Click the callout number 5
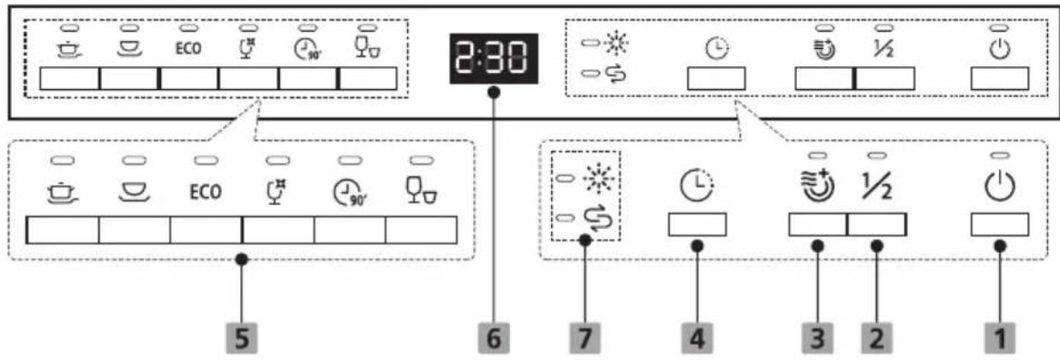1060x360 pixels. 242,339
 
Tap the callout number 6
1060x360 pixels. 494,339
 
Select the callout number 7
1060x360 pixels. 585,339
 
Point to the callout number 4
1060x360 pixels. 697,339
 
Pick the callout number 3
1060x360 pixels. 817,339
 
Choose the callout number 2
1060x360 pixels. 877,339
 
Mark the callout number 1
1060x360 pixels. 1000,339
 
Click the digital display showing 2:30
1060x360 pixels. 494,58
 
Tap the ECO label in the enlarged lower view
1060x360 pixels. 206,192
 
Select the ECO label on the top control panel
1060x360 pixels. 189,48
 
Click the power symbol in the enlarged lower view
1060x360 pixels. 1000,186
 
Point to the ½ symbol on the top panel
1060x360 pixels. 883,49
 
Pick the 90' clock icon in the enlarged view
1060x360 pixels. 350,193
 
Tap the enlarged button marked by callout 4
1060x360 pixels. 697,225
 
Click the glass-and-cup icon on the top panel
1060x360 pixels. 368,48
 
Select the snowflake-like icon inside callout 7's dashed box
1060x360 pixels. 599,179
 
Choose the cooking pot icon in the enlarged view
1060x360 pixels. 63,193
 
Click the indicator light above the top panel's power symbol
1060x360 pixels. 999,28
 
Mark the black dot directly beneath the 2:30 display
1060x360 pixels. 494,93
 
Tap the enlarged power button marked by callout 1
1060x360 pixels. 1000,225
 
